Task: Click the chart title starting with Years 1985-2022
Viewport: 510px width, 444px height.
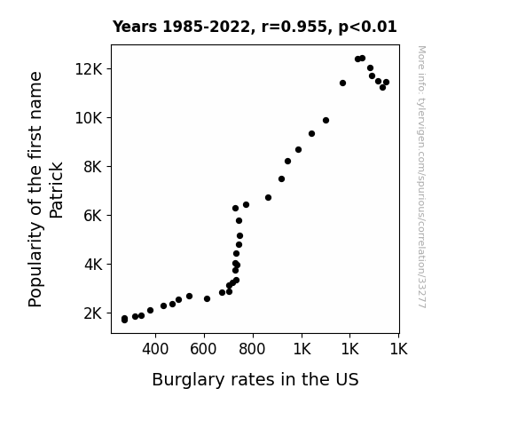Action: [x=255, y=27]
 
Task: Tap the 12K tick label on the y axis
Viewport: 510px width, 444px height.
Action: [x=89, y=69]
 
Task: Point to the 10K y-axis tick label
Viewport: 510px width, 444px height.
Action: [x=89, y=118]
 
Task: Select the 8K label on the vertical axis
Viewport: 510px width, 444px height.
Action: [x=93, y=167]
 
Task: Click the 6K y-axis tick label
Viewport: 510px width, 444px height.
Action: [x=93, y=216]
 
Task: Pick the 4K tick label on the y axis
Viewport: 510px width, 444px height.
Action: [x=93, y=265]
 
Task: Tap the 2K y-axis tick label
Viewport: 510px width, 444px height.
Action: [x=93, y=313]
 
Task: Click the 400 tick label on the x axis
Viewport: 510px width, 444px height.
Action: [x=155, y=349]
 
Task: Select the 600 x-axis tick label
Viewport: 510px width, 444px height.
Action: [x=203, y=349]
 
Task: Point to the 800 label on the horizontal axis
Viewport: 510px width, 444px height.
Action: [x=252, y=349]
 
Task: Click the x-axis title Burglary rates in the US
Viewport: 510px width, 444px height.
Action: [x=255, y=380]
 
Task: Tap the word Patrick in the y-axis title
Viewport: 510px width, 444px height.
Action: [x=56, y=190]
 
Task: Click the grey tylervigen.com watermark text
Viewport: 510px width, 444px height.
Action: [x=421, y=177]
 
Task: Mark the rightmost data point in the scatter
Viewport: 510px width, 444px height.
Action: [x=386, y=82]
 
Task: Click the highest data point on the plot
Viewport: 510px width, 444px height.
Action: [x=363, y=59]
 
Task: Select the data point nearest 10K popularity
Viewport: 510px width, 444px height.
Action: [x=326, y=121]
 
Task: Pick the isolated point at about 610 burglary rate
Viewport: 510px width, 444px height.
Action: [x=207, y=298]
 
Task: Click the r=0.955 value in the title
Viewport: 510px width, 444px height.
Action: [x=294, y=27]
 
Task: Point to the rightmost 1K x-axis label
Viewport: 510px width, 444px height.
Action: [x=398, y=349]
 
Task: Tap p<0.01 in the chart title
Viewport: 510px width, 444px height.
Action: [x=367, y=28]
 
